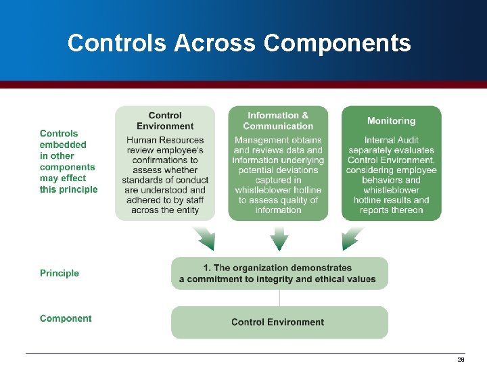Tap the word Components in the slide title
pyautogui.click(x=337, y=43)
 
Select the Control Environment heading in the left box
pyautogui.click(x=165, y=121)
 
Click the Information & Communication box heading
pyautogui.click(x=278, y=121)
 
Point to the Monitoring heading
pyautogui.click(x=391, y=121)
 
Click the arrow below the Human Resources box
pyautogui.click(x=203, y=238)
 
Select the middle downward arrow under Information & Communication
pyautogui.click(x=279, y=238)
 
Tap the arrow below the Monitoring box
pyautogui.click(x=353, y=238)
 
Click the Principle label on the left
pyautogui.click(x=60, y=273)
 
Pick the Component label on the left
pyautogui.click(x=66, y=318)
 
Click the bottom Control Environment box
pyautogui.click(x=279, y=322)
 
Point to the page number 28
pyautogui.click(x=461, y=360)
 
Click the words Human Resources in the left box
pyautogui.click(x=165, y=140)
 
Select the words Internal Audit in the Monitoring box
pyautogui.click(x=391, y=140)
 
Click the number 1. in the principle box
pyautogui.click(x=207, y=268)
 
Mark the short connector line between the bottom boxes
pyautogui.click(x=279, y=298)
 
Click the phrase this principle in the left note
pyautogui.click(x=68, y=189)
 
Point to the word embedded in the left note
pyautogui.click(x=63, y=145)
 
